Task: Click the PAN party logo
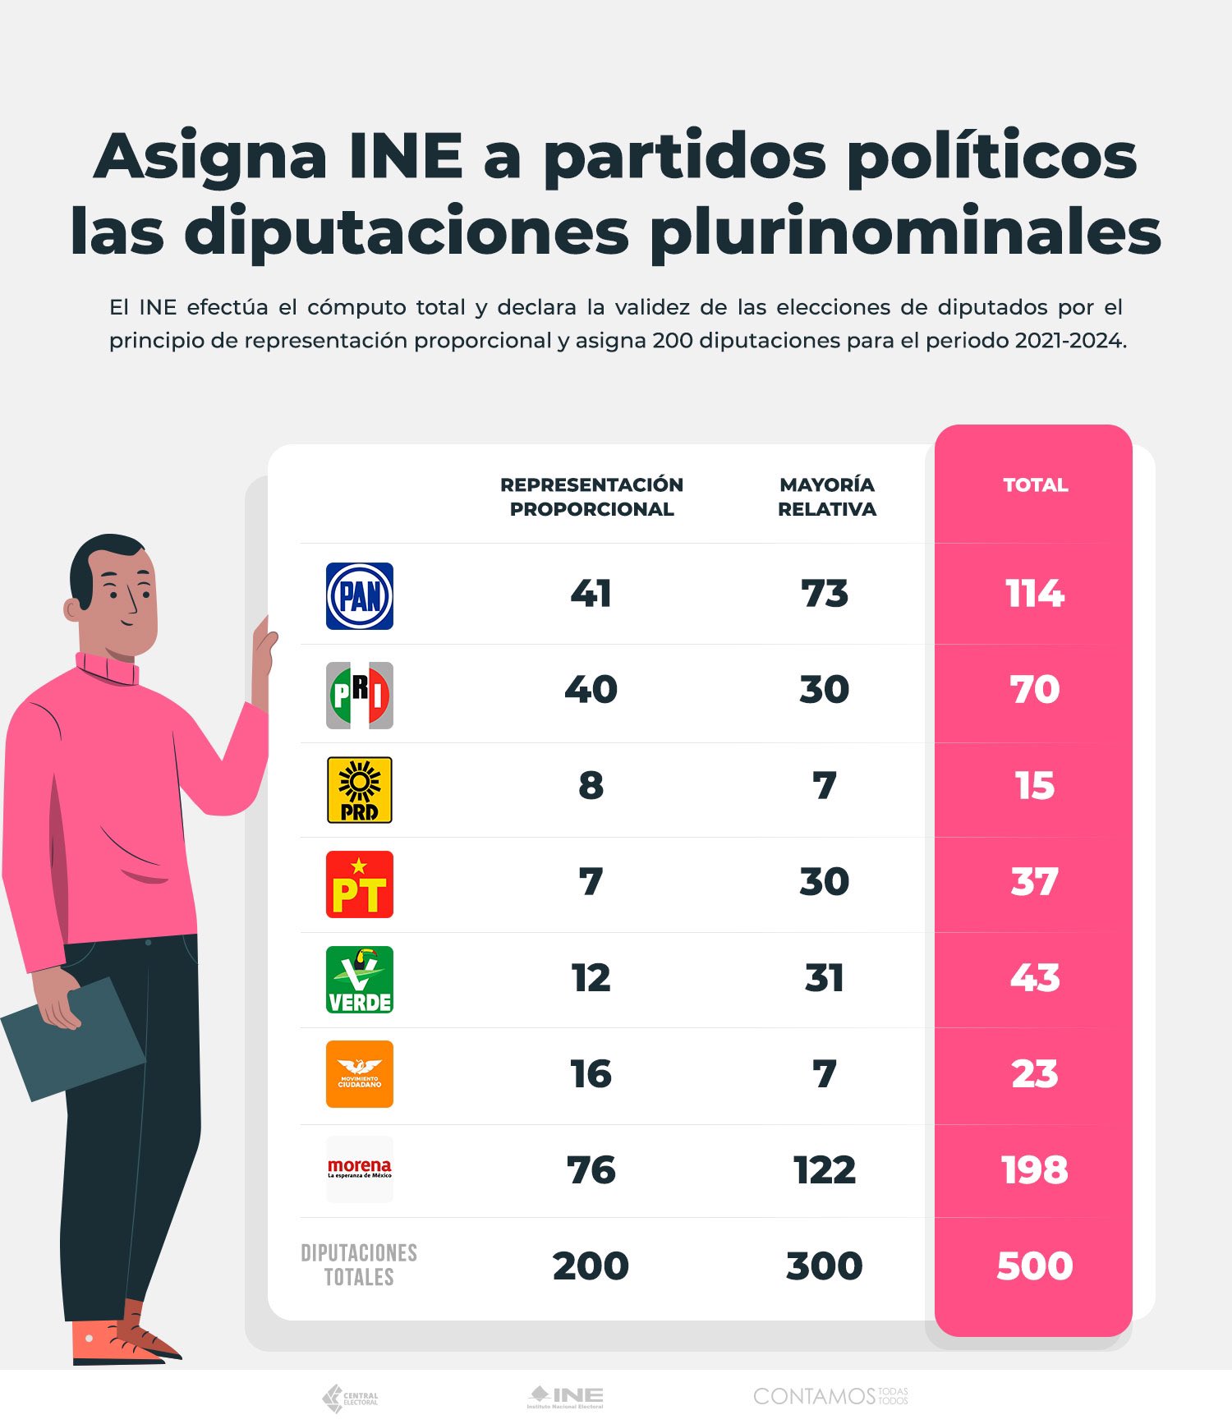point(359,596)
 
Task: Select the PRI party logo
point(359,695)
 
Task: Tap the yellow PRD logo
point(359,790)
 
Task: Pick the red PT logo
point(359,884)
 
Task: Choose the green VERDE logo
point(359,980)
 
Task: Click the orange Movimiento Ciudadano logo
point(359,1074)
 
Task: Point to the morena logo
point(359,1169)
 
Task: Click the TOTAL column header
point(1035,485)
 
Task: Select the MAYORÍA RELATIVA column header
point(826,497)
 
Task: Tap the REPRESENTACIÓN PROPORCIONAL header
point(591,497)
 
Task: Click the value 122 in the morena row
point(825,1170)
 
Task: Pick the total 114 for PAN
point(1035,594)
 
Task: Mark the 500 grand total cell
point(1035,1266)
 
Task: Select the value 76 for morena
point(591,1170)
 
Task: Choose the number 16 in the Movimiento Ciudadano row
point(591,1074)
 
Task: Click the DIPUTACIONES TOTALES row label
point(359,1265)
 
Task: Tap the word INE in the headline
point(406,156)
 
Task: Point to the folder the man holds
point(72,1039)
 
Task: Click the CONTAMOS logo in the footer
point(830,1396)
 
